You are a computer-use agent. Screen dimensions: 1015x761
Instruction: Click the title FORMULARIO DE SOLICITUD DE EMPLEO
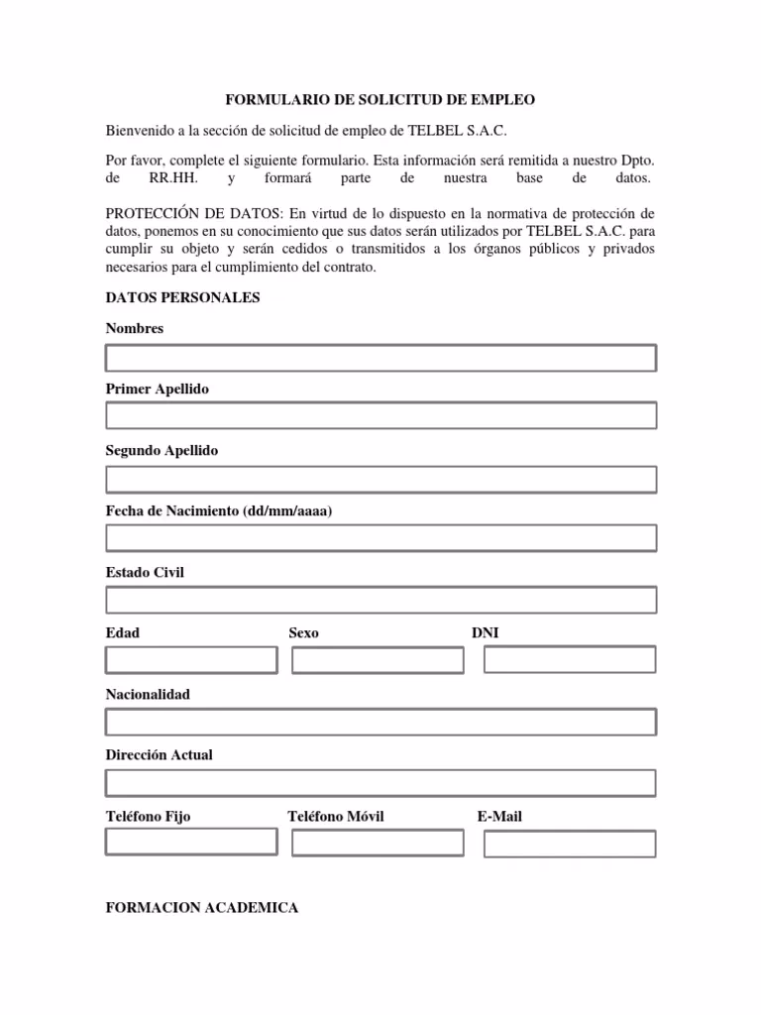380,100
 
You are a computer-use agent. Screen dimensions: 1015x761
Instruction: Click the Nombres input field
380,358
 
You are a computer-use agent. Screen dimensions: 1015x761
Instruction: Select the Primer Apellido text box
380,415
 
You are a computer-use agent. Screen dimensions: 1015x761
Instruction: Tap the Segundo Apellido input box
380,480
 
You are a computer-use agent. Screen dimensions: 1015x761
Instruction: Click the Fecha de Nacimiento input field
380,538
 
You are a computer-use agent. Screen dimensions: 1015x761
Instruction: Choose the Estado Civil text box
380,600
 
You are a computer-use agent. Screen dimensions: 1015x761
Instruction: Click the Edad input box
191,660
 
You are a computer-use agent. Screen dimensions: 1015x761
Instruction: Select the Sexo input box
378,660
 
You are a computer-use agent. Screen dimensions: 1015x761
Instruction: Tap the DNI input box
570,660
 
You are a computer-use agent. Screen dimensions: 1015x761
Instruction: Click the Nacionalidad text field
380,722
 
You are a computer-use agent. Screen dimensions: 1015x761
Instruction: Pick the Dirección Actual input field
380,783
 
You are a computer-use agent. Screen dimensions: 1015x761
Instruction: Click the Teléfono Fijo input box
191,843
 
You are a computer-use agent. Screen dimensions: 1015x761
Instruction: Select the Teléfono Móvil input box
378,843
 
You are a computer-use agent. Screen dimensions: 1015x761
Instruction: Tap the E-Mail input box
570,844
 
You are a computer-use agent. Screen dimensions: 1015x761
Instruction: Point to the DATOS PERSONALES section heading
182,297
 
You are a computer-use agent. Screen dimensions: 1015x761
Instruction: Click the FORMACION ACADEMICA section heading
202,908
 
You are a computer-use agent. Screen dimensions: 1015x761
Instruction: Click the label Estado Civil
145,573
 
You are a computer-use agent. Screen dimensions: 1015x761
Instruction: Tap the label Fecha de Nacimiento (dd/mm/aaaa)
219,511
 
